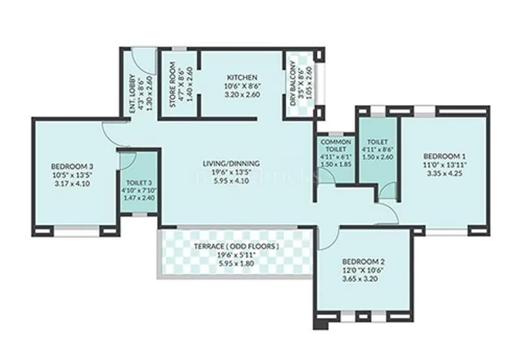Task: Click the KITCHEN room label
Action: coord(233,78)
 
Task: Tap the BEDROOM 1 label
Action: coord(444,157)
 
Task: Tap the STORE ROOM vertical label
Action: coord(172,80)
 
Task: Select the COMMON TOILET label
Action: coord(335,146)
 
